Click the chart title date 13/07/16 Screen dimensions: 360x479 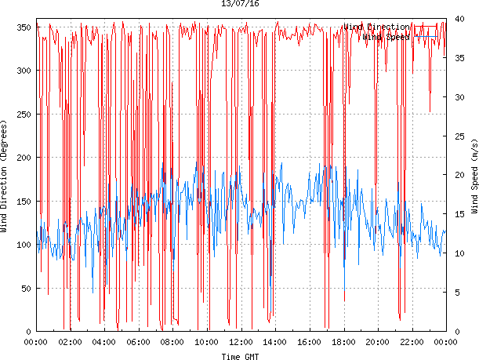(239, 4)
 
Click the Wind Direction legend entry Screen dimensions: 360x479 (376, 27)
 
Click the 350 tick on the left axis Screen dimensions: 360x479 (23, 27)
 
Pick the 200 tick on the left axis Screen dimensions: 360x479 (23, 158)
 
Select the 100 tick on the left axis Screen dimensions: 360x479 (23, 245)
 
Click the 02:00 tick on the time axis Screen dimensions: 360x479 (70, 342)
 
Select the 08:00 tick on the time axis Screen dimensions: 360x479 (172, 342)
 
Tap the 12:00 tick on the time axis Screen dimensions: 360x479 (241, 342)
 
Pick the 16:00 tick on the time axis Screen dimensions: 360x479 (309, 342)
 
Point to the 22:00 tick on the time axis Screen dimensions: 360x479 (412, 342)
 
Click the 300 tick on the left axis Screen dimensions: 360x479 (23, 71)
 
